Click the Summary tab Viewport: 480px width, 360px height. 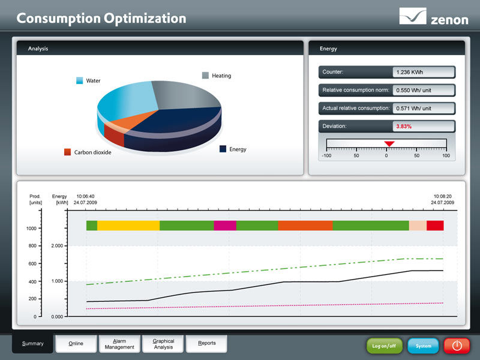32,344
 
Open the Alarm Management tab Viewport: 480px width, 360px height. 119,344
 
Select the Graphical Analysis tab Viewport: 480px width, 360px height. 163,344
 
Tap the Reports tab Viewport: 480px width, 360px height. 207,344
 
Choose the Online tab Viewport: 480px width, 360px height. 76,344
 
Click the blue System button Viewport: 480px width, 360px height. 423,346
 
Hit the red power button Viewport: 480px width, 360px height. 457,346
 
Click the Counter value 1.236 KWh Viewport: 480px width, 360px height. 423,72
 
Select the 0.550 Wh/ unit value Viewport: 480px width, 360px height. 423,90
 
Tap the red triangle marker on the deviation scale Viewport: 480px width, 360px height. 389,143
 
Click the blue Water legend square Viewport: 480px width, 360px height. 79,80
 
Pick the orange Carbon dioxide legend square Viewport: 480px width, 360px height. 68,152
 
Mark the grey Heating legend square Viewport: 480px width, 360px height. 205,76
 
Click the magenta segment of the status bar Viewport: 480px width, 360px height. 225,226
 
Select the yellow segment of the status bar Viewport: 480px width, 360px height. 128,226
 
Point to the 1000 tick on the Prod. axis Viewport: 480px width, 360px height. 31,229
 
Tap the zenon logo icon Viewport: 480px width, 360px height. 413,16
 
